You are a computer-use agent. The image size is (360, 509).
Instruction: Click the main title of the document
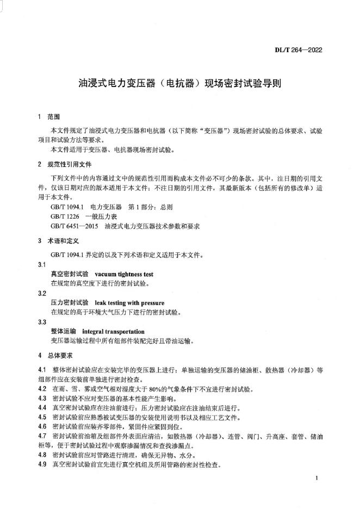click(180, 85)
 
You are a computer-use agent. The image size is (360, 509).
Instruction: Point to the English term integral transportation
click(113, 331)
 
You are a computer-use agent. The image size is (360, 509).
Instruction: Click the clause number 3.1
click(42, 265)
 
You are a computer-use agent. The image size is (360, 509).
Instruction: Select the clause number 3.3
click(42, 322)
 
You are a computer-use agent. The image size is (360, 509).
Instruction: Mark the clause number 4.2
click(42, 389)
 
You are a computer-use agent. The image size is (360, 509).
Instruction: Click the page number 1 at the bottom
click(316, 477)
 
